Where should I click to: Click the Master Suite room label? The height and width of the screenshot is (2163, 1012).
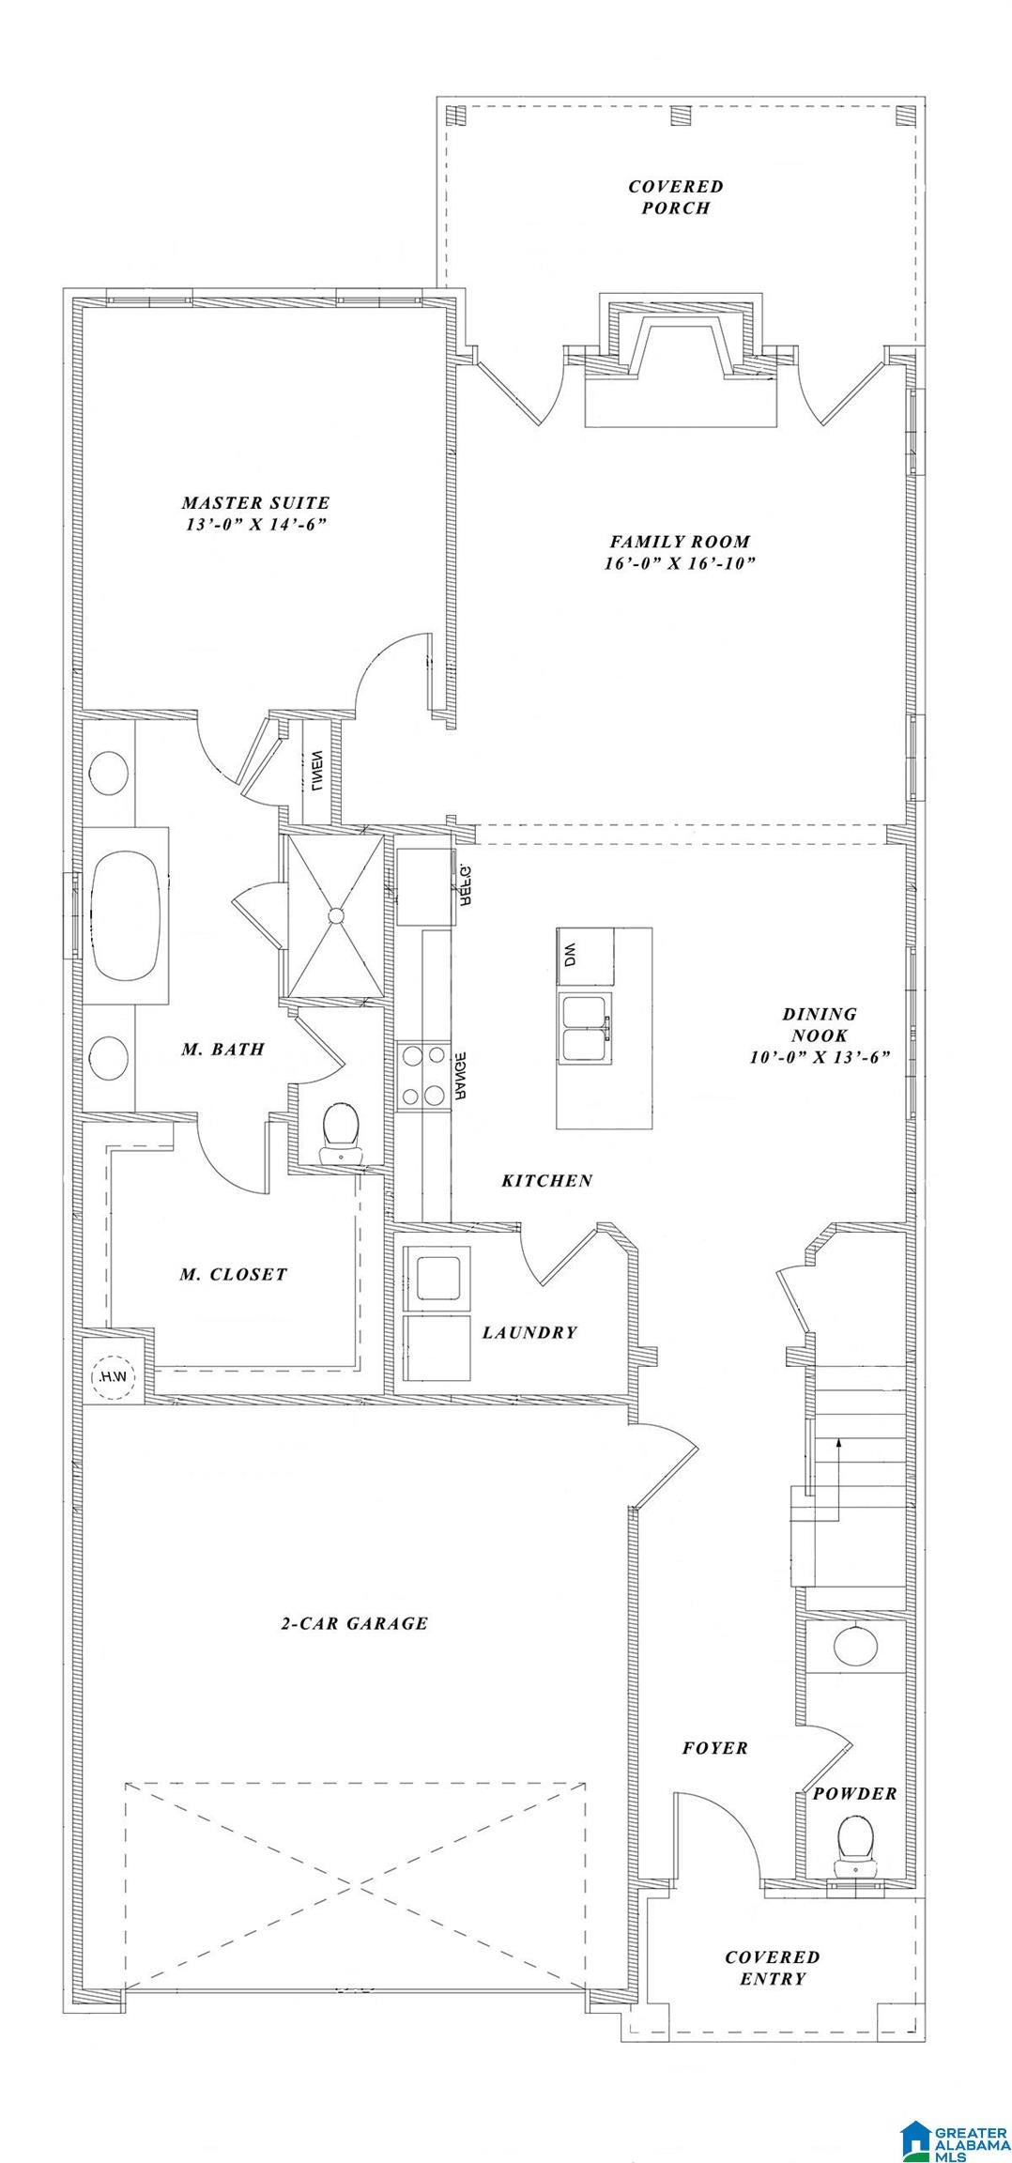click(255, 503)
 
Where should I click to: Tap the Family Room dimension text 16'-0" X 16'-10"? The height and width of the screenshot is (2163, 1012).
click(681, 563)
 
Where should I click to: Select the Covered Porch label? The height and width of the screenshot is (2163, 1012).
click(676, 197)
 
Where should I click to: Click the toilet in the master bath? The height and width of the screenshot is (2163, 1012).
click(342, 1133)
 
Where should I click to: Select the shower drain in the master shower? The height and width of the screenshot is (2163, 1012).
click(335, 913)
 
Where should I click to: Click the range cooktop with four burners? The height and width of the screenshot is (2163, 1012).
click(423, 1076)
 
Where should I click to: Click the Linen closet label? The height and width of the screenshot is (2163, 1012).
click(318, 771)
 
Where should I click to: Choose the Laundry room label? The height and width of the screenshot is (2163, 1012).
click(529, 1332)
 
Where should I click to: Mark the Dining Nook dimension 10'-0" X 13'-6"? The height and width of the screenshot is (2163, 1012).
click(820, 1056)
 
